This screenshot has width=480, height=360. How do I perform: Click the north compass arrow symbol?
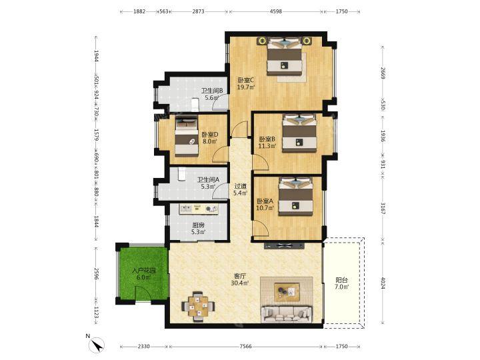click(x=97, y=345)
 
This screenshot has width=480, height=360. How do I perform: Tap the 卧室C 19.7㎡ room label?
click(x=246, y=83)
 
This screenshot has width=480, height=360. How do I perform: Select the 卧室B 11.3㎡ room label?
click(x=267, y=143)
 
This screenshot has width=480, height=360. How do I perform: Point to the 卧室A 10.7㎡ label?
click(x=265, y=205)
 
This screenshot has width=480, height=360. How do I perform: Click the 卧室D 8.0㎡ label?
click(x=210, y=138)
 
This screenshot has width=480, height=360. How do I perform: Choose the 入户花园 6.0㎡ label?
click(x=144, y=274)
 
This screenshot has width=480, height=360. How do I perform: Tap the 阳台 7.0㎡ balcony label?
click(x=341, y=283)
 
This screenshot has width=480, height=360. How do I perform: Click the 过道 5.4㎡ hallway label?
click(x=240, y=189)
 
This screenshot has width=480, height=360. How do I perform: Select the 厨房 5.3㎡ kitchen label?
click(x=198, y=229)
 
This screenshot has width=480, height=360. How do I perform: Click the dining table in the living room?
click(x=198, y=307)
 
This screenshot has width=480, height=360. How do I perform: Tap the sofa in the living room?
click(x=287, y=313)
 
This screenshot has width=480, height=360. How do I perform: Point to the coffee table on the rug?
click(x=287, y=292)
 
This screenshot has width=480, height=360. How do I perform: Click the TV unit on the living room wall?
click(x=284, y=245)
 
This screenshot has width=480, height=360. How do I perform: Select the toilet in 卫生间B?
click(x=195, y=105)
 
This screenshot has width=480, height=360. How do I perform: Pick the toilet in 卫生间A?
click(x=182, y=174)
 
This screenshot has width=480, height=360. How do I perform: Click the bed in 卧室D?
click(x=187, y=137)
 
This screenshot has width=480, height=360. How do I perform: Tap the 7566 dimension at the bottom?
click(x=245, y=346)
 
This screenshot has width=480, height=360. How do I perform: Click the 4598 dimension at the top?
click(x=275, y=11)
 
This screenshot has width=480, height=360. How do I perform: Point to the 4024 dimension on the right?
click(x=383, y=283)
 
